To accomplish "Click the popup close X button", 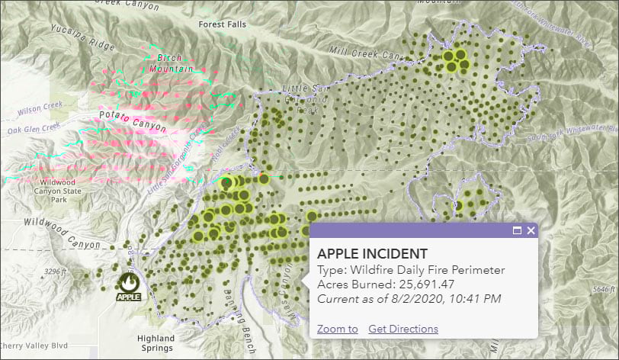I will pyautogui.click(x=531, y=230).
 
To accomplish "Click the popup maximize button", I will pyautogui.click(x=517, y=230).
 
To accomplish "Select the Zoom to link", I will pyautogui.click(x=338, y=329).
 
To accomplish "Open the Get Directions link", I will pyautogui.click(x=403, y=329).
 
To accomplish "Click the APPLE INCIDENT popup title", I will pyautogui.click(x=372, y=253).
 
